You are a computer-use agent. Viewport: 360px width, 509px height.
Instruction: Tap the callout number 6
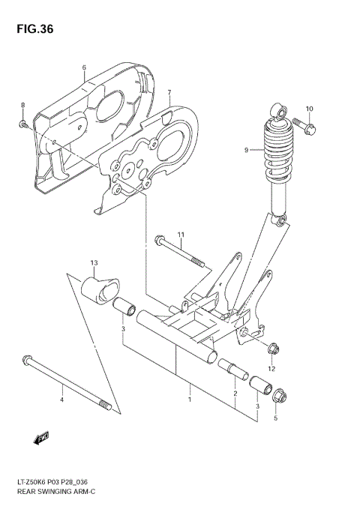[84, 68]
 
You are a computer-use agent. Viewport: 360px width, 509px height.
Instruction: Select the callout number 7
[169, 94]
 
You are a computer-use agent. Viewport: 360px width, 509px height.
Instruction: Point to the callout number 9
[245, 150]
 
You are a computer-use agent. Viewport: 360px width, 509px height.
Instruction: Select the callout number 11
[181, 235]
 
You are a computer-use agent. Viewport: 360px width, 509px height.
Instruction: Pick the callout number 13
[94, 262]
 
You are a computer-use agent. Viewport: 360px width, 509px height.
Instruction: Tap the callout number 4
[62, 400]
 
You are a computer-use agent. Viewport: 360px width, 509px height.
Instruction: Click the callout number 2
[235, 393]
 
